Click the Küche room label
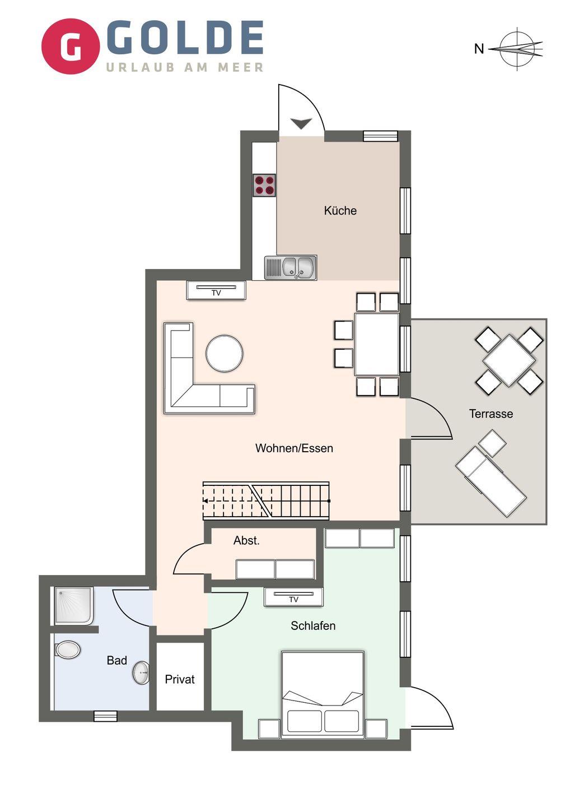[x=340, y=210]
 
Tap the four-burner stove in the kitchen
[x=264, y=185]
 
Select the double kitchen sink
[x=291, y=268]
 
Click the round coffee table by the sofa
[x=225, y=353]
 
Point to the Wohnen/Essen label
[x=294, y=448]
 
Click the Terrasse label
[x=491, y=414]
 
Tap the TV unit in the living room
[x=216, y=290]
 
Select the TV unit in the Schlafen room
[x=293, y=597]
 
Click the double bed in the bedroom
[x=323, y=695]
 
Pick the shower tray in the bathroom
[x=74, y=606]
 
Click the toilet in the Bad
[x=67, y=650]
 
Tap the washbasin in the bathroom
[x=142, y=672]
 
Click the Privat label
[x=180, y=679]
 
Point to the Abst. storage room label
[x=246, y=540]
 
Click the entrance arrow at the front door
[x=302, y=123]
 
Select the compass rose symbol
[x=517, y=49]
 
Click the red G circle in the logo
[x=71, y=47]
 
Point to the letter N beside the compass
[x=479, y=49]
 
